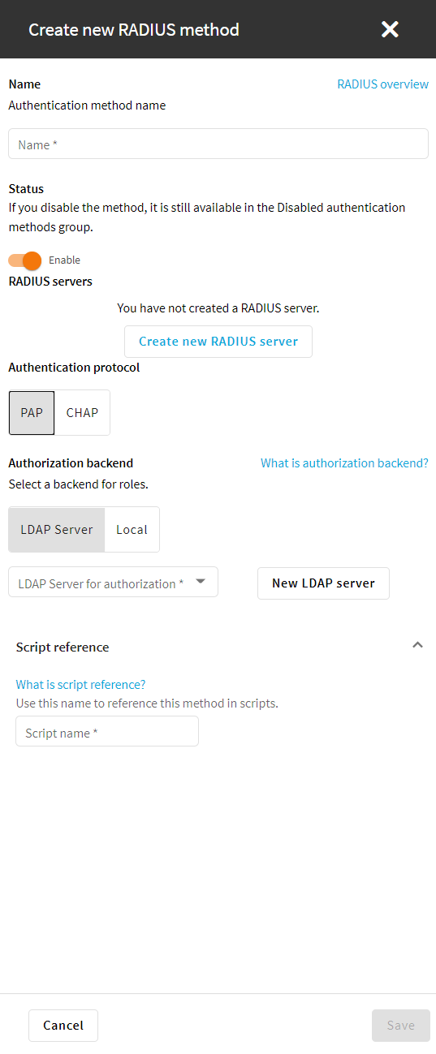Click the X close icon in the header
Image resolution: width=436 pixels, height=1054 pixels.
pos(390,30)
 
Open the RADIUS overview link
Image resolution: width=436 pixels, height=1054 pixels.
pos(382,84)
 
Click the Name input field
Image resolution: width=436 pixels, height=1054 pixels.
pos(218,144)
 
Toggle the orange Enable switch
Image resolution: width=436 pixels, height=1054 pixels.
pos(25,260)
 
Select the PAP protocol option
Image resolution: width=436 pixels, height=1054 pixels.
pos(32,413)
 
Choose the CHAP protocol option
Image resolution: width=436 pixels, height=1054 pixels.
pos(82,413)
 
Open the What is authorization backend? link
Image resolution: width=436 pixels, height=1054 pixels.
pos(344,463)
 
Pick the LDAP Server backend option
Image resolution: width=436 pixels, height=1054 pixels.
pos(57,529)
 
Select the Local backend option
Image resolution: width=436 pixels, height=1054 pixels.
pos(132,529)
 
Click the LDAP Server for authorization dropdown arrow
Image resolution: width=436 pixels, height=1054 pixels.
pos(201,582)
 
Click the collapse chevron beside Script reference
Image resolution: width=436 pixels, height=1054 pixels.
pos(417,645)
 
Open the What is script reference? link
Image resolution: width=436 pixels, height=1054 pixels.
pos(80,685)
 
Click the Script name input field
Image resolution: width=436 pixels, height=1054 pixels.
pos(107,731)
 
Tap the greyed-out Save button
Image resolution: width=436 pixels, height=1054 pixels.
pos(401,1026)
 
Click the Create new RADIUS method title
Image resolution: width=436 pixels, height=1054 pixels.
pos(134,30)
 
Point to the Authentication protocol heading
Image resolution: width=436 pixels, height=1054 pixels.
pos(74,368)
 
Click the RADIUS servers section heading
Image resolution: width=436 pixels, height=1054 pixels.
pos(50,282)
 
